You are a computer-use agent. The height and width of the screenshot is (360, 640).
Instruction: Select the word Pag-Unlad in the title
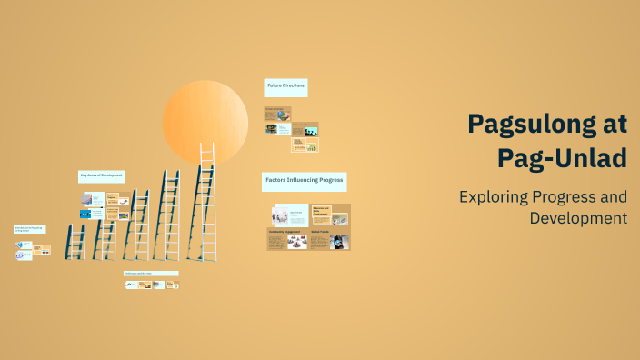coord(562,158)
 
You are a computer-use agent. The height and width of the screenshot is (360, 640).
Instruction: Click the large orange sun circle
coord(205,121)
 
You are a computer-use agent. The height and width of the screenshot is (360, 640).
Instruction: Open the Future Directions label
coord(285,87)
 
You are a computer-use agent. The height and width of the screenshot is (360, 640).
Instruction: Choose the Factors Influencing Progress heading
coord(304,181)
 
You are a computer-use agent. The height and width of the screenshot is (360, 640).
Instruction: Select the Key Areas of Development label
coord(101,175)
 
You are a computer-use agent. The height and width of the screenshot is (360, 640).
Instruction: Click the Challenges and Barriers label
coord(150,273)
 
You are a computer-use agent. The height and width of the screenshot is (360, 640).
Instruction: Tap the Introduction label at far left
coord(29,229)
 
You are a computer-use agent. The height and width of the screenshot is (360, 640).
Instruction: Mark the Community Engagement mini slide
coord(287,239)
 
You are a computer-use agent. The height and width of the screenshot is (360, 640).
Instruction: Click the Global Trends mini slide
coord(330,239)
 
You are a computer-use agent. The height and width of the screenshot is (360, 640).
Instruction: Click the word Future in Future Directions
coord(275,87)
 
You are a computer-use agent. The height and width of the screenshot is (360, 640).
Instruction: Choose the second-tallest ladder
coord(167,214)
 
